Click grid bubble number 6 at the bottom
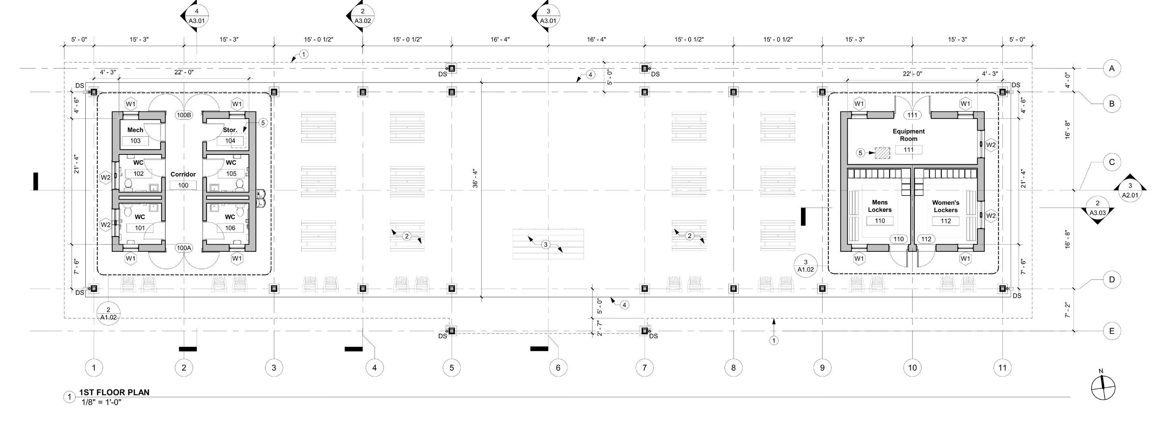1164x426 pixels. click(x=558, y=368)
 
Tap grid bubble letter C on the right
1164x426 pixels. click(x=1112, y=162)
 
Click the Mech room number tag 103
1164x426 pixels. click(x=136, y=141)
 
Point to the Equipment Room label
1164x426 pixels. click(x=908, y=135)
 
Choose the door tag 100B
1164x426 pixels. click(x=184, y=115)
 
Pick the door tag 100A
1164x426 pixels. click(x=184, y=248)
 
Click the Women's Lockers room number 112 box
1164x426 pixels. click(x=946, y=221)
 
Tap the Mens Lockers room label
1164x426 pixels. click(x=880, y=206)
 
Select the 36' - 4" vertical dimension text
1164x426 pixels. click(x=475, y=179)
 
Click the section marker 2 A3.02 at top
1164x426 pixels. click(x=362, y=16)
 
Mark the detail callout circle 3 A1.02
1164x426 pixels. click(x=806, y=265)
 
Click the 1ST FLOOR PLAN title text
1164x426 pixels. click(x=114, y=392)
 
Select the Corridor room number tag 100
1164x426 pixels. click(x=183, y=185)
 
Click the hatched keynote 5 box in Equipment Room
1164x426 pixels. click(x=882, y=153)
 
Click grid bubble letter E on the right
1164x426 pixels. click(x=1112, y=331)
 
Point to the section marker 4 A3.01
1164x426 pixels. click(x=196, y=16)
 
